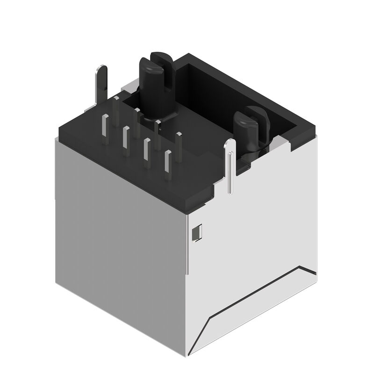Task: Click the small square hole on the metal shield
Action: (197, 232)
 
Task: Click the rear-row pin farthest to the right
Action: (179, 140)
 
